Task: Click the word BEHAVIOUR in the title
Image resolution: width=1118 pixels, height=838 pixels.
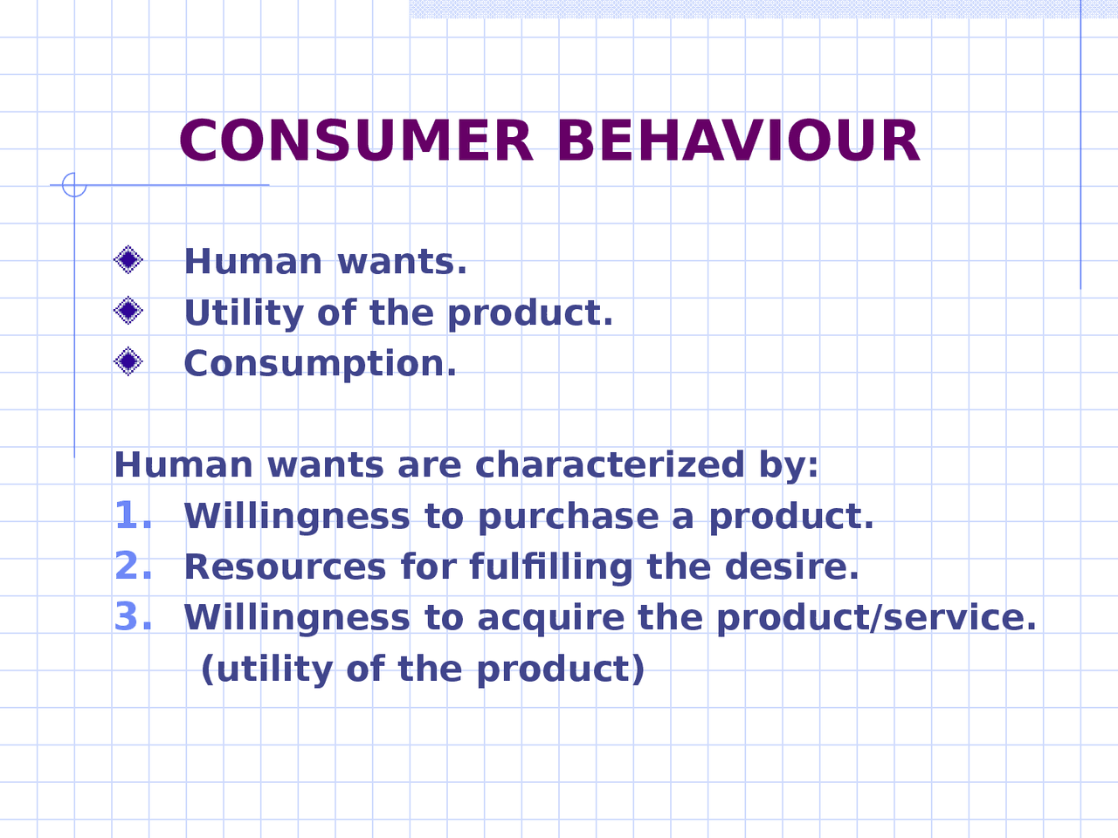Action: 738,141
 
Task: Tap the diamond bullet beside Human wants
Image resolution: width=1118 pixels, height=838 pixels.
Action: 128,260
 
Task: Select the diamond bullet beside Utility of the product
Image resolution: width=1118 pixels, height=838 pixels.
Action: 128,311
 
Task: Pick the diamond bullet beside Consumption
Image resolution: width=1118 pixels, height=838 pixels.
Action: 128,361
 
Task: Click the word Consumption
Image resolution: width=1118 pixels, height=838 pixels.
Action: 320,364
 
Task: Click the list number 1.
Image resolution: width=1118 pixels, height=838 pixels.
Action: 131,515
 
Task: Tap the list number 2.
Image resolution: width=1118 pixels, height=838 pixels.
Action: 133,566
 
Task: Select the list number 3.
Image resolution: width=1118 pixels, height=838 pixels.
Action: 133,616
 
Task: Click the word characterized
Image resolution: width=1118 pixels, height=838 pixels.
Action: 610,464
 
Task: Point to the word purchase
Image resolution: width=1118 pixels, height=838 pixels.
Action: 568,517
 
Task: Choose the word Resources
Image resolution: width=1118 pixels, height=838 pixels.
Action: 285,567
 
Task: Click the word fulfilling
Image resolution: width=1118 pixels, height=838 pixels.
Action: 550,567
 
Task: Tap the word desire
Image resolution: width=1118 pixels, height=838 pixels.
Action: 791,567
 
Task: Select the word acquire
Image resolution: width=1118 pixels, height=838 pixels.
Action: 551,619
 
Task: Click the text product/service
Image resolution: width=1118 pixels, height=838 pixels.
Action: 876,618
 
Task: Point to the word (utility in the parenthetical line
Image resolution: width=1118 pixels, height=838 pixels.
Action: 266,670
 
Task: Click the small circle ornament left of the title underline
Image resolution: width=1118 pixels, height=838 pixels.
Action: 74,185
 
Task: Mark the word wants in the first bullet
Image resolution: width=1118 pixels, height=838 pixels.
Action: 402,262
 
